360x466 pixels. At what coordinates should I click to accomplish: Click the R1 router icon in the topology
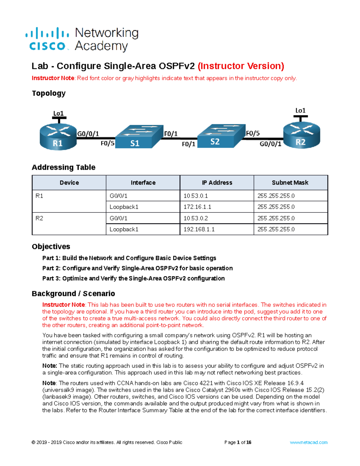click(x=58, y=137)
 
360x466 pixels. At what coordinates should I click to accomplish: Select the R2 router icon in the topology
click(x=301, y=135)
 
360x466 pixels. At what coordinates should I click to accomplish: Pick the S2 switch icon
click(x=221, y=136)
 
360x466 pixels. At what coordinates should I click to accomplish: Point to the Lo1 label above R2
click(x=300, y=110)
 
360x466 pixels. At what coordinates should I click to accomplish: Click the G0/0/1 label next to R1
click(x=88, y=134)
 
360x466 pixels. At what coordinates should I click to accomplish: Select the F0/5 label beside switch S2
click(x=253, y=133)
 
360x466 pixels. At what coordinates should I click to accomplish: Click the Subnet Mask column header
click(x=290, y=183)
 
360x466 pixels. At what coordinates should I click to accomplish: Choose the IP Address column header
click(x=217, y=183)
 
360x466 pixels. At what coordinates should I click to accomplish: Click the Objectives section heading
click(x=51, y=247)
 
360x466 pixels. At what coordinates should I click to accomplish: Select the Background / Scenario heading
click(x=73, y=293)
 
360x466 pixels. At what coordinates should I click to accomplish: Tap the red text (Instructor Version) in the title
click(x=241, y=66)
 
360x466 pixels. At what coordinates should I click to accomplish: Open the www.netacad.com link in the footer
click(x=308, y=442)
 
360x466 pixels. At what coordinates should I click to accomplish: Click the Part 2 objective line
click(x=137, y=268)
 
